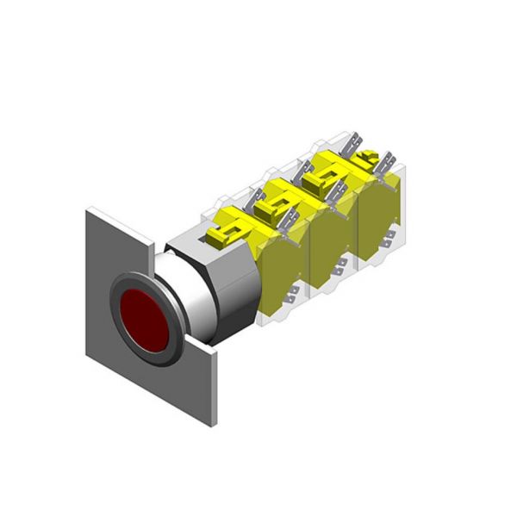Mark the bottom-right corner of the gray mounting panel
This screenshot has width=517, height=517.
[x=215, y=423]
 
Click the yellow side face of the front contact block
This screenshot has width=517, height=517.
[x=279, y=276]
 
